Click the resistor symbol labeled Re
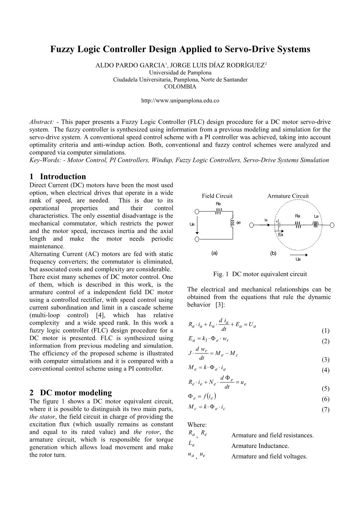[218, 211]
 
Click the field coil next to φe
[232, 223]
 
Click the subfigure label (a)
[214, 253]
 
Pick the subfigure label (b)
[273, 253]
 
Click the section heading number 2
[32, 393]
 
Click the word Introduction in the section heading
[63, 177]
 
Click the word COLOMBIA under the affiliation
[180, 86]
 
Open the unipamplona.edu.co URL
[180, 101]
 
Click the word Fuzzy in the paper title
[62, 49]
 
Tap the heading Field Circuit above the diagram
[217, 196]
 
